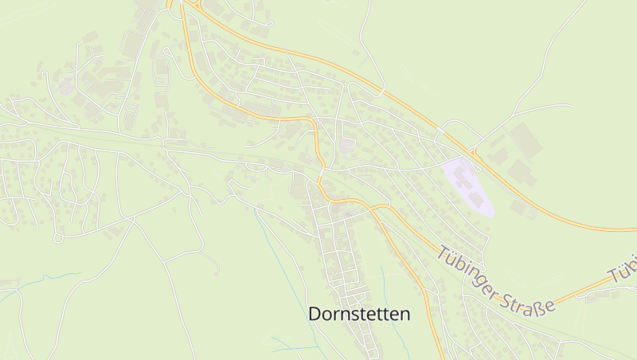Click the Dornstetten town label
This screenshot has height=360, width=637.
[359, 315]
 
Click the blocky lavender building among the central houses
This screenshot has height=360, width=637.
[347, 146]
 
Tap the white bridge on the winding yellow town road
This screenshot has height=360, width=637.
[322, 170]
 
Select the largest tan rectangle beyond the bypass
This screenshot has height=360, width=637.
[526, 140]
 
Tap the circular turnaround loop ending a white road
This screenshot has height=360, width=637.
[58, 238]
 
